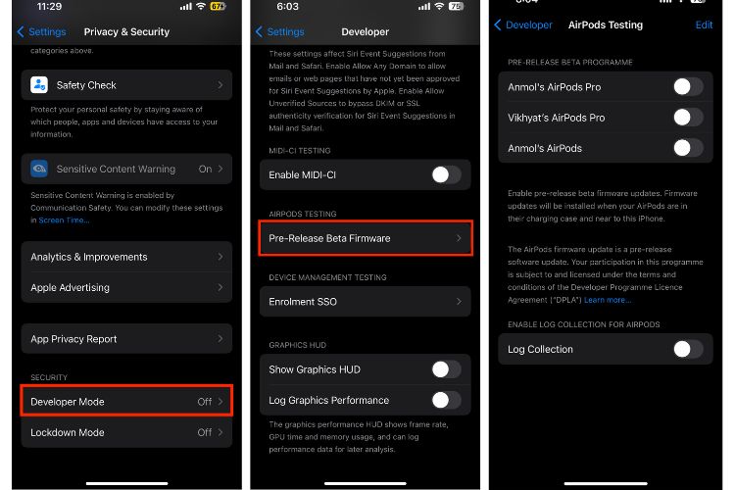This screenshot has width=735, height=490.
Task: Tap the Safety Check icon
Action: [x=39, y=85]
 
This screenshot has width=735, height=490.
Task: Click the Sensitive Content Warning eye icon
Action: [x=39, y=169]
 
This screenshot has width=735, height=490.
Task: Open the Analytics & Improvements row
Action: [x=126, y=257]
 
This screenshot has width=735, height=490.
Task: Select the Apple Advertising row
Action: [x=126, y=288]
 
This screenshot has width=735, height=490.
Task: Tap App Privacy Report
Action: [x=126, y=339]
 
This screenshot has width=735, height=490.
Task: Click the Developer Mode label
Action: [x=68, y=402]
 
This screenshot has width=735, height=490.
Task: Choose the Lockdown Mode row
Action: [x=126, y=432]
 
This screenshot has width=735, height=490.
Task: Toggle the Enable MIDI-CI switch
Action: [x=446, y=174]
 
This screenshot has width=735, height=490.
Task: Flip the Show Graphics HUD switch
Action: [x=446, y=369]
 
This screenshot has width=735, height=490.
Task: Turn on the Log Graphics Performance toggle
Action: [x=446, y=400]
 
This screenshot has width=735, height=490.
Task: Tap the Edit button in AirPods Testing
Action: [x=704, y=25]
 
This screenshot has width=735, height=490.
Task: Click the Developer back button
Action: [x=524, y=25]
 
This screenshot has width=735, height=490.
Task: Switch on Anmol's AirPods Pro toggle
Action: [x=688, y=87]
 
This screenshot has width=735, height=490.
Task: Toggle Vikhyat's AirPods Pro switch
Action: [x=688, y=118]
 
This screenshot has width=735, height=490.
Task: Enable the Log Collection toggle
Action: [x=688, y=349]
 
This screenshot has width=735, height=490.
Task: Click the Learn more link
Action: [x=608, y=299]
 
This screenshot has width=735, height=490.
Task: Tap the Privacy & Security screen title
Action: [x=125, y=32]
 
